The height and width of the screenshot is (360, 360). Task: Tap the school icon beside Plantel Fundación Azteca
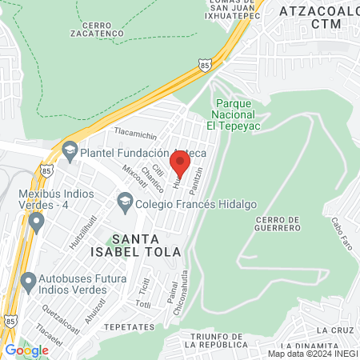70,150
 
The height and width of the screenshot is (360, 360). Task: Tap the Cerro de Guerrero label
280,226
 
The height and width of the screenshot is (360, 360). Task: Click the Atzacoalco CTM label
315,18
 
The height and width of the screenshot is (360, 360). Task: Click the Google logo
26,350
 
